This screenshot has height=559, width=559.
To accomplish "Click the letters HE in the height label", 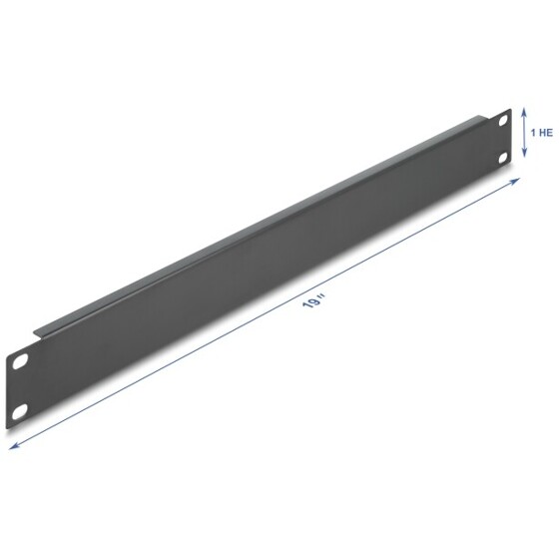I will coord(545,132).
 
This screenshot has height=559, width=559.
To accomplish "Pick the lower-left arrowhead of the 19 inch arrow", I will coord(11,446).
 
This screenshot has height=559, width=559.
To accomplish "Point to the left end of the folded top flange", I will coord(37,326).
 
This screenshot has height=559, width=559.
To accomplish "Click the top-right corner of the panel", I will coord(510,113).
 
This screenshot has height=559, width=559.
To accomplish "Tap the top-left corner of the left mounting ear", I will coord(9,344).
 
